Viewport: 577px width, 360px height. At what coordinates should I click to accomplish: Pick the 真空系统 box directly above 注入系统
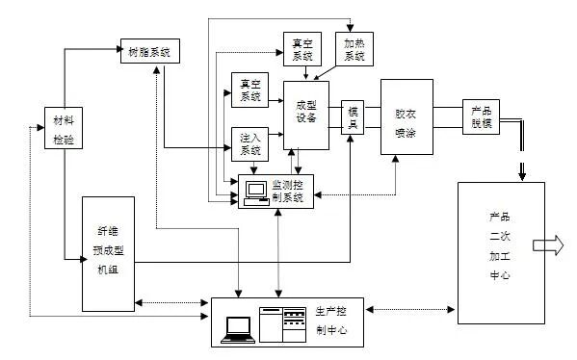[249, 90]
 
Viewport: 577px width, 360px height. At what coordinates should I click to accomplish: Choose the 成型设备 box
[306, 115]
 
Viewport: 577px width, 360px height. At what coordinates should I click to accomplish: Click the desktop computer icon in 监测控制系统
[255, 191]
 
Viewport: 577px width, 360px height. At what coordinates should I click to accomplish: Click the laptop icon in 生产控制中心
[237, 329]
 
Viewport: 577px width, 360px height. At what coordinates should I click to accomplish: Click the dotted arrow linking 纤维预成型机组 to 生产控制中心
[172, 302]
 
